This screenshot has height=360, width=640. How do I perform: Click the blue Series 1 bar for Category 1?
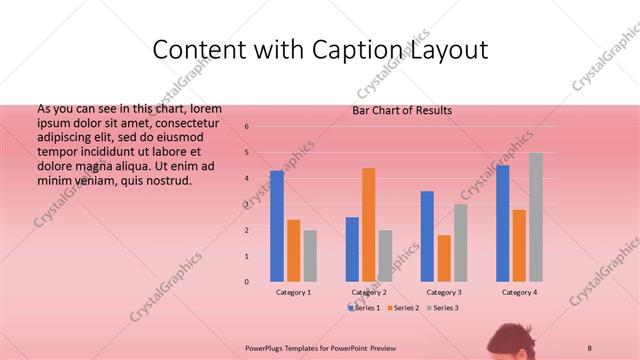click(277, 226)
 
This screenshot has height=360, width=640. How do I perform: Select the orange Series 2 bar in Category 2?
click(368, 225)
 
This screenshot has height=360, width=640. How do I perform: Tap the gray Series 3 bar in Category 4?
click(535, 217)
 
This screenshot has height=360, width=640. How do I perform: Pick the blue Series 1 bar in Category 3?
click(427, 236)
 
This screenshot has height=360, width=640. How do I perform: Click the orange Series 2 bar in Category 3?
click(443, 258)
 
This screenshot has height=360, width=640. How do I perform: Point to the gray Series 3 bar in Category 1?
click(310, 256)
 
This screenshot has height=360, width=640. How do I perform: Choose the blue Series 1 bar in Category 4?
click(502, 223)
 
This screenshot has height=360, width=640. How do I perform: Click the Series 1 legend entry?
click(366, 308)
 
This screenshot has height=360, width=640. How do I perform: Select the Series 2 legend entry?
click(404, 308)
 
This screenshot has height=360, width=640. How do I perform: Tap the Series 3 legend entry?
click(442, 308)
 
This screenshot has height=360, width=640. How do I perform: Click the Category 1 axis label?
click(293, 292)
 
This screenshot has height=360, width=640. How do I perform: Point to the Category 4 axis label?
click(518, 292)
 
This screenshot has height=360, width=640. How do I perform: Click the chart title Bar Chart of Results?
click(402, 110)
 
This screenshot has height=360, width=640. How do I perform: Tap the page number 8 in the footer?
click(590, 346)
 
